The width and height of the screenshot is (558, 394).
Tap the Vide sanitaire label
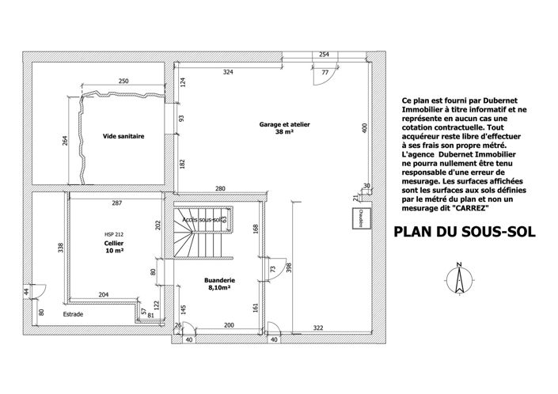pyautogui.click(x=123, y=136)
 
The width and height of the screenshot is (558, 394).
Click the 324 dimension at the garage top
pyautogui.click(x=228, y=72)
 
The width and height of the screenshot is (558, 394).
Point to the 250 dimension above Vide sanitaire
pyautogui.click(x=123, y=81)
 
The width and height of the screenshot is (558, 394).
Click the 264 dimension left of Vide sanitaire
pyautogui.click(x=65, y=142)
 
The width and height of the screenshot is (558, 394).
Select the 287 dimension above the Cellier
pyautogui.click(x=116, y=204)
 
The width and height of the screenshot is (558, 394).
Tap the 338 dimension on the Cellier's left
pyautogui.click(x=61, y=248)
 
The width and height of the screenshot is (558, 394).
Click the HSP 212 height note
pyautogui.click(x=115, y=234)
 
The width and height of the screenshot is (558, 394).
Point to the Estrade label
pyautogui.click(x=73, y=314)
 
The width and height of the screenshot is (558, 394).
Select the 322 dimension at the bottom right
pyautogui.click(x=318, y=327)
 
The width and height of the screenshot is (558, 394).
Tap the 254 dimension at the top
pyautogui.click(x=324, y=55)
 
